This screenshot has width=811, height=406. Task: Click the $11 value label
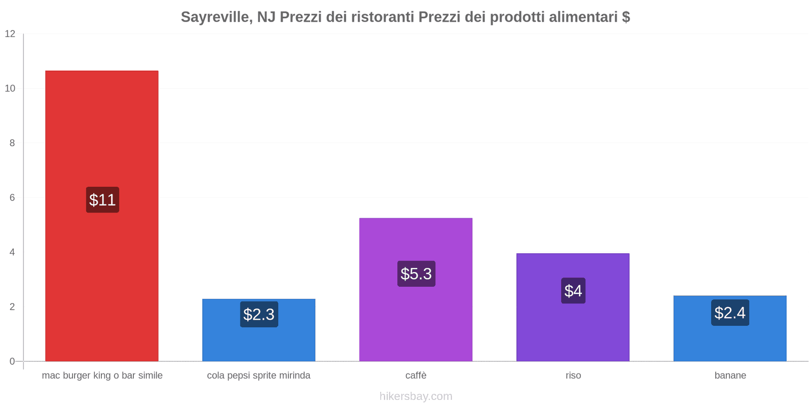click(x=102, y=200)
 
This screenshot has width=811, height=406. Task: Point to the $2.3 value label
click(x=259, y=314)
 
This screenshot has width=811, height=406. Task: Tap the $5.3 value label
click(x=416, y=274)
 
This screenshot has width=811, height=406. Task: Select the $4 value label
click(x=573, y=291)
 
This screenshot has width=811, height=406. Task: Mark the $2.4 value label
click(x=730, y=313)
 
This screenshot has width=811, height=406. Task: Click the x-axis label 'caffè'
click(x=416, y=376)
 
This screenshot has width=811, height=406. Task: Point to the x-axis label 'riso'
click(x=573, y=376)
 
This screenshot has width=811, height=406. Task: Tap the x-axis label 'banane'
click(x=730, y=376)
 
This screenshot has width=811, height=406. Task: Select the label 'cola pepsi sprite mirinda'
click(x=259, y=376)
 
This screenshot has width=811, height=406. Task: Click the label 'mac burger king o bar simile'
click(x=102, y=376)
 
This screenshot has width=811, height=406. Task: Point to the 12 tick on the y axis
click(x=10, y=34)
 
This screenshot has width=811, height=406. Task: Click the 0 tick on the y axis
click(x=12, y=361)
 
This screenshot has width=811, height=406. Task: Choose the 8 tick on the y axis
click(x=12, y=143)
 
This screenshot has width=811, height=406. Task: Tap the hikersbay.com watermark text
click(x=416, y=396)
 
